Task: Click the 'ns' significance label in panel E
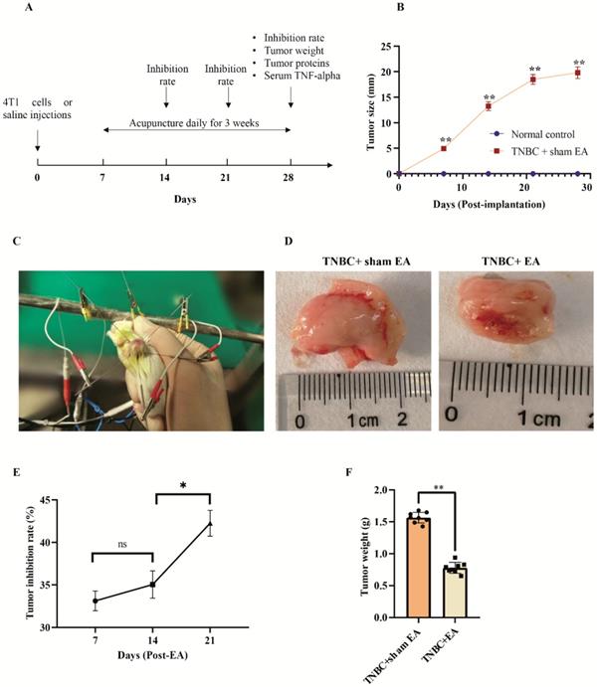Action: (x=121, y=545)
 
